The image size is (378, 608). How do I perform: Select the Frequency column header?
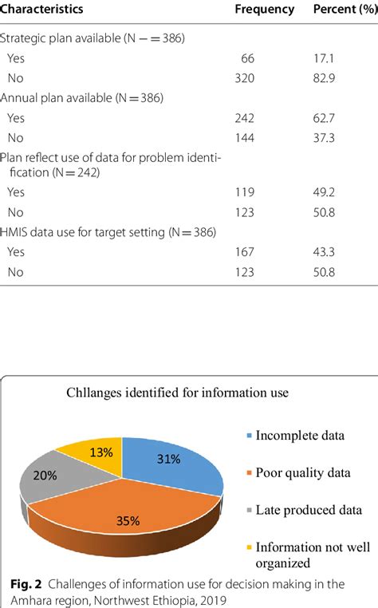coord(264,10)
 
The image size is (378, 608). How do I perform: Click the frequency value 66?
coord(246,58)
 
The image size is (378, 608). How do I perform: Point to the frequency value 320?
coord(243,78)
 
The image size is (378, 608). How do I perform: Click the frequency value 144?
coord(243,136)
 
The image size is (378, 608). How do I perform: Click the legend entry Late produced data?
coord(304,509)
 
